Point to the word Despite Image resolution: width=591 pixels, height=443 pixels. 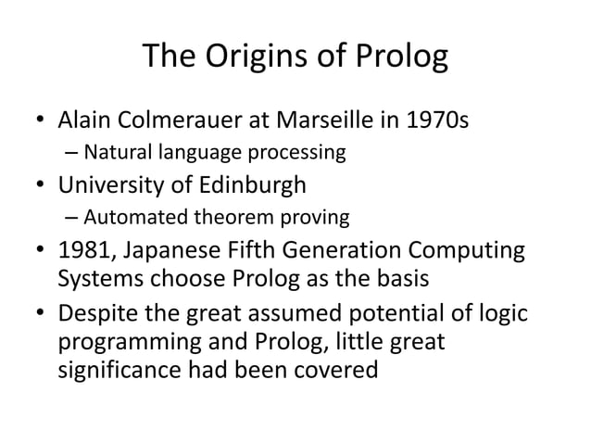coord(95,316)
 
